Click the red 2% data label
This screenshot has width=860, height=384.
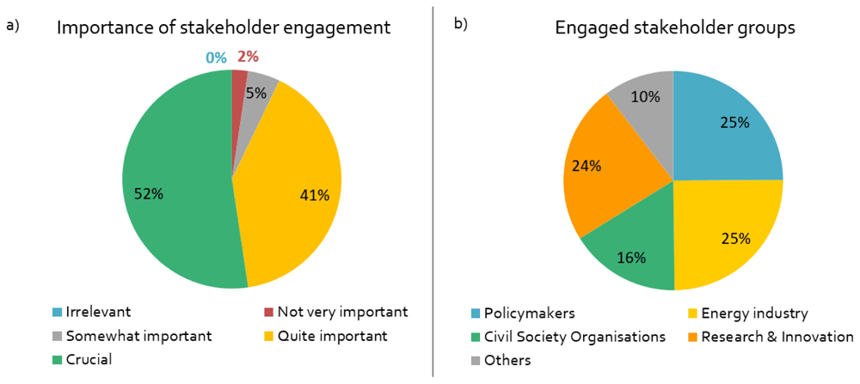pyautogui.click(x=248, y=57)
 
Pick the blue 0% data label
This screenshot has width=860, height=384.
pyautogui.click(x=216, y=57)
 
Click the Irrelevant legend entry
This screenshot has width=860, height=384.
pyautogui.click(x=90, y=313)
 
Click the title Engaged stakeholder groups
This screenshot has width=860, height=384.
pyautogui.click(x=675, y=28)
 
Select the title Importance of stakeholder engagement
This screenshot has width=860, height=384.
pyautogui.click(x=224, y=28)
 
